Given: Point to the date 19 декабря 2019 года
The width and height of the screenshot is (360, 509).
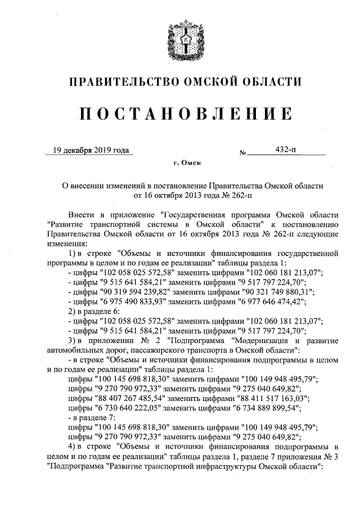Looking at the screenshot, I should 89,150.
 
